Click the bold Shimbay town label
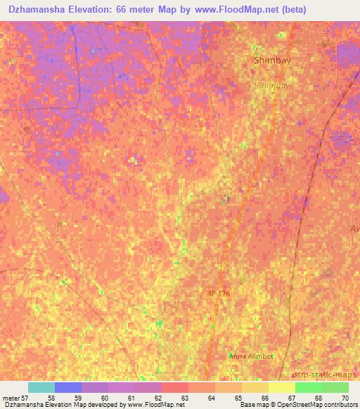(272, 60)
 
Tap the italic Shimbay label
(273, 85)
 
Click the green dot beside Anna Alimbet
(231, 356)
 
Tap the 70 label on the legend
(345, 398)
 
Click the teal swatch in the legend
(41, 387)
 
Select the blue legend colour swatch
(67, 387)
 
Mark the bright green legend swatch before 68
(308, 387)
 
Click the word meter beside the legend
(11, 398)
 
